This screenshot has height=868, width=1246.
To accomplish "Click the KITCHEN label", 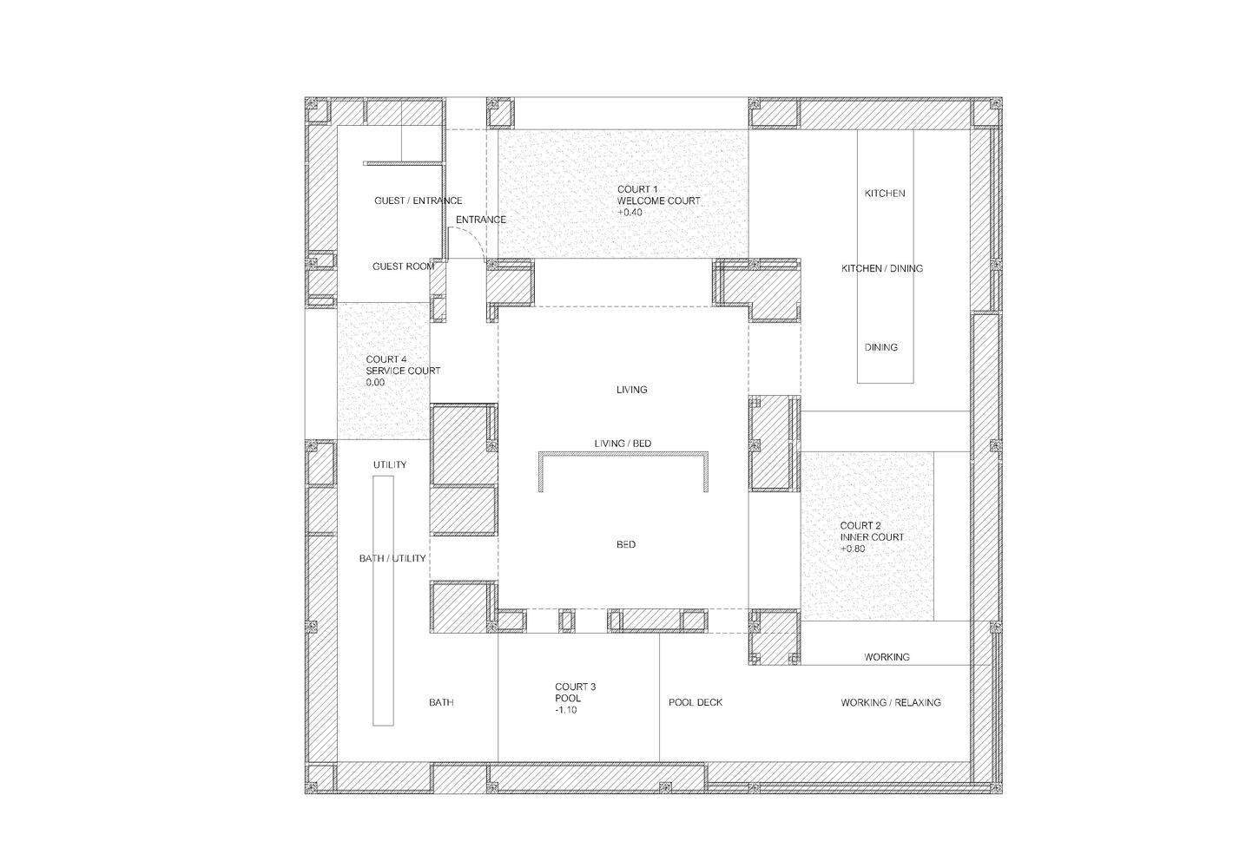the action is (x=885, y=194).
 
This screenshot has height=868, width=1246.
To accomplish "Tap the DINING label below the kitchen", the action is (x=881, y=347).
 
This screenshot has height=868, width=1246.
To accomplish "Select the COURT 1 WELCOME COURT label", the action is (x=658, y=195).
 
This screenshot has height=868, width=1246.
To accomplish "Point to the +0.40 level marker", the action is (x=630, y=213).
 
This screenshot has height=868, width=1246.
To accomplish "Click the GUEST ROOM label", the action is (x=403, y=266).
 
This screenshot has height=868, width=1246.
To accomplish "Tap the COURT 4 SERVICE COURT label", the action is (x=403, y=365).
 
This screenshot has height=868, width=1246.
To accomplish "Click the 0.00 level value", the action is (x=375, y=383).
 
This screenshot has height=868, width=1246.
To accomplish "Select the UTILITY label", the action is (x=389, y=465).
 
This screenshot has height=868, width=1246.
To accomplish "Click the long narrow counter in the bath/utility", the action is (x=383, y=601).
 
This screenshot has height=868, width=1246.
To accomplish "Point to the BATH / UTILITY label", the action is (x=392, y=558).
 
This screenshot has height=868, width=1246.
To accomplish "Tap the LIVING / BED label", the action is (x=623, y=444).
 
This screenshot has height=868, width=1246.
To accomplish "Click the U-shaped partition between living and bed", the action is (x=623, y=453).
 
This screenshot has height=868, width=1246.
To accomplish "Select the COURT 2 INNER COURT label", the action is (x=872, y=531).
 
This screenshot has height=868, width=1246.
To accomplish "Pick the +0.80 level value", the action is (x=853, y=549).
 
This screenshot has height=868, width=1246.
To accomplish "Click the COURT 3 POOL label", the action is (x=575, y=693).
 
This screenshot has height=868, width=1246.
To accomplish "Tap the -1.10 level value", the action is (x=566, y=710).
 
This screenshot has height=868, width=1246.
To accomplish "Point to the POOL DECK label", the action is (x=696, y=703).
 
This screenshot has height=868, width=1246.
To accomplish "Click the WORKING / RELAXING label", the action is (x=891, y=703).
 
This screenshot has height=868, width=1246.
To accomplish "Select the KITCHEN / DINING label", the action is (x=881, y=268).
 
